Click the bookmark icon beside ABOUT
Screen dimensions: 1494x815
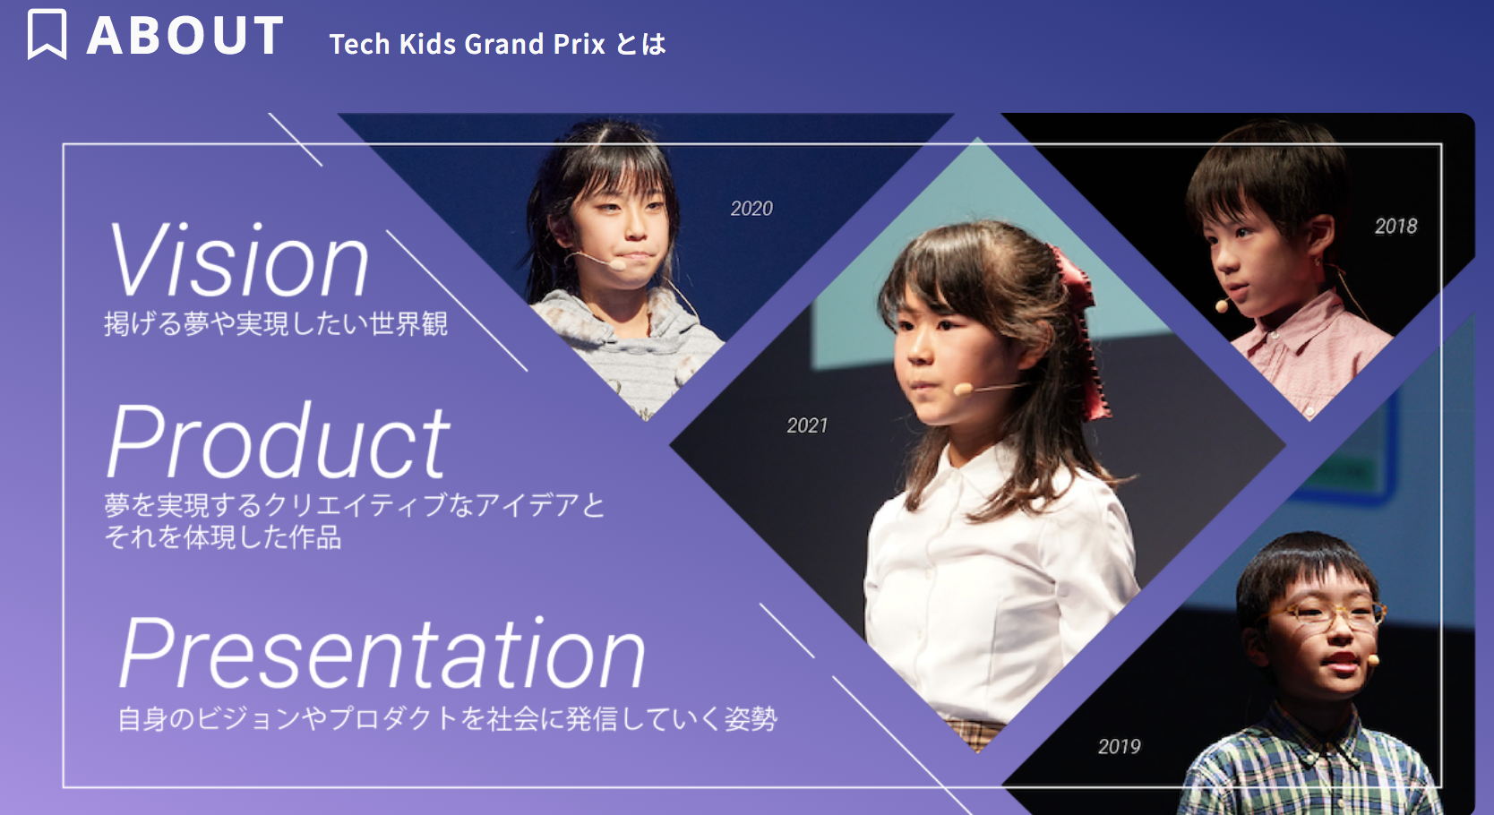pyautogui.click(x=47, y=35)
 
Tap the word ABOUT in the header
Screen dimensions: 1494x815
pyautogui.click(x=185, y=35)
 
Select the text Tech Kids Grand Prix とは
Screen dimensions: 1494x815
pyautogui.click(x=498, y=44)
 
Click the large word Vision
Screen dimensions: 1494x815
pyautogui.click(x=238, y=260)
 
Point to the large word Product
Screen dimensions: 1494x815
pyautogui.click(x=279, y=441)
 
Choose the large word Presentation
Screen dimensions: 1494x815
pyautogui.click(x=382, y=652)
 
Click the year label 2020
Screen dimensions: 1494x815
pyautogui.click(x=751, y=209)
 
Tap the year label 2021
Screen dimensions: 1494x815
pyautogui.click(x=807, y=425)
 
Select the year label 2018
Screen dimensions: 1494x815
pyautogui.click(x=1396, y=227)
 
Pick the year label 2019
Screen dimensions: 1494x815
pyautogui.click(x=1120, y=746)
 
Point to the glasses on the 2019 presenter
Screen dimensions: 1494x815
pyautogui.click(x=1324, y=613)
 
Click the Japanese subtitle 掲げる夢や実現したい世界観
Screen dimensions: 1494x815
pyautogui.click(x=276, y=324)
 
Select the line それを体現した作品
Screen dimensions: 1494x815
pyautogui.click(x=223, y=537)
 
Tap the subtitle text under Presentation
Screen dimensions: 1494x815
pyautogui.click(x=448, y=719)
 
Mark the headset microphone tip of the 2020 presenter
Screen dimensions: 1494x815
pyautogui.click(x=618, y=265)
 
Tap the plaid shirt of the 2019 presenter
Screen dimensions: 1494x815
pyautogui.click(x=1308, y=767)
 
